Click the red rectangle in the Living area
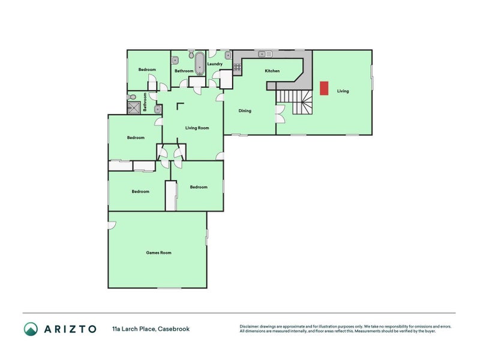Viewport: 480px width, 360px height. (x=324, y=88)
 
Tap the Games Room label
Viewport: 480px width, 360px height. (x=158, y=253)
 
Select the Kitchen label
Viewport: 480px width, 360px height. (x=272, y=71)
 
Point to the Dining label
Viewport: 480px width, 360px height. (x=245, y=110)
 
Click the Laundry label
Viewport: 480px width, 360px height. (x=215, y=64)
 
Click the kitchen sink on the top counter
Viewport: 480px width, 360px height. (x=265, y=54)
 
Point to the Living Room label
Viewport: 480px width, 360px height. (x=197, y=128)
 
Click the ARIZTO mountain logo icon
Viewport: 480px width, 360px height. (x=31, y=328)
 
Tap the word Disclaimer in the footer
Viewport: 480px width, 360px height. (x=251, y=326)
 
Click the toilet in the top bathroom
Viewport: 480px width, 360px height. (x=191, y=55)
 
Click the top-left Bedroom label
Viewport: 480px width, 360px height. (x=147, y=70)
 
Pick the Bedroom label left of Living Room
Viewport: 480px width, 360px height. (x=136, y=137)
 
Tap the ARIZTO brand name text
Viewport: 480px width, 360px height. (x=70, y=328)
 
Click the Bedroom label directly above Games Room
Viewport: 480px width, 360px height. (x=140, y=191)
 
